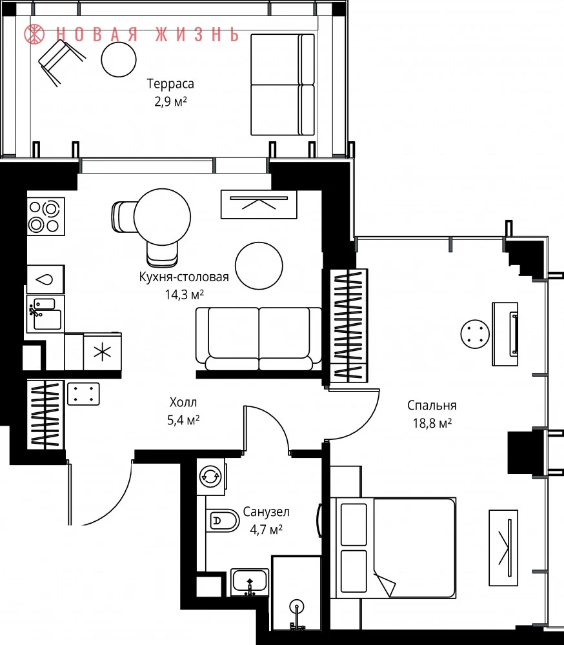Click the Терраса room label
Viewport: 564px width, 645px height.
click(170, 84)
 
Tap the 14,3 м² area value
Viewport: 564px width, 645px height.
click(185, 295)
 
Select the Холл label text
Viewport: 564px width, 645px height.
click(183, 402)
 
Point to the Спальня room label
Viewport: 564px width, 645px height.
click(432, 405)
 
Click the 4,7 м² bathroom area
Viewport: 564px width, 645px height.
click(266, 530)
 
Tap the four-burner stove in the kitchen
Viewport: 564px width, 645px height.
click(46, 217)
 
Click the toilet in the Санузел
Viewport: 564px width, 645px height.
click(223, 521)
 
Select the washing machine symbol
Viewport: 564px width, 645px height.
click(211, 477)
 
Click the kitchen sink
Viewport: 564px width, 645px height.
click(45, 313)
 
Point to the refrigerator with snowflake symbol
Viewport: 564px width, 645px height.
click(103, 352)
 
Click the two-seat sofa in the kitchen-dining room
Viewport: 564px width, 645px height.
click(259, 339)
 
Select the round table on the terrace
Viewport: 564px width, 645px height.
click(119, 59)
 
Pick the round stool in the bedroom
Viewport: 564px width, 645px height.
click(475, 334)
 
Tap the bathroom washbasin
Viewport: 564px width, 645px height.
click(250, 582)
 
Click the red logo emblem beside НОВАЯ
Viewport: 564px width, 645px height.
click(34, 34)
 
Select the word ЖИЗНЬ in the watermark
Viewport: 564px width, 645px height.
click(197, 35)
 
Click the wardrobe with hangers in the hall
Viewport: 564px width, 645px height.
click(45, 415)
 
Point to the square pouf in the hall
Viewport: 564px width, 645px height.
click(83, 393)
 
